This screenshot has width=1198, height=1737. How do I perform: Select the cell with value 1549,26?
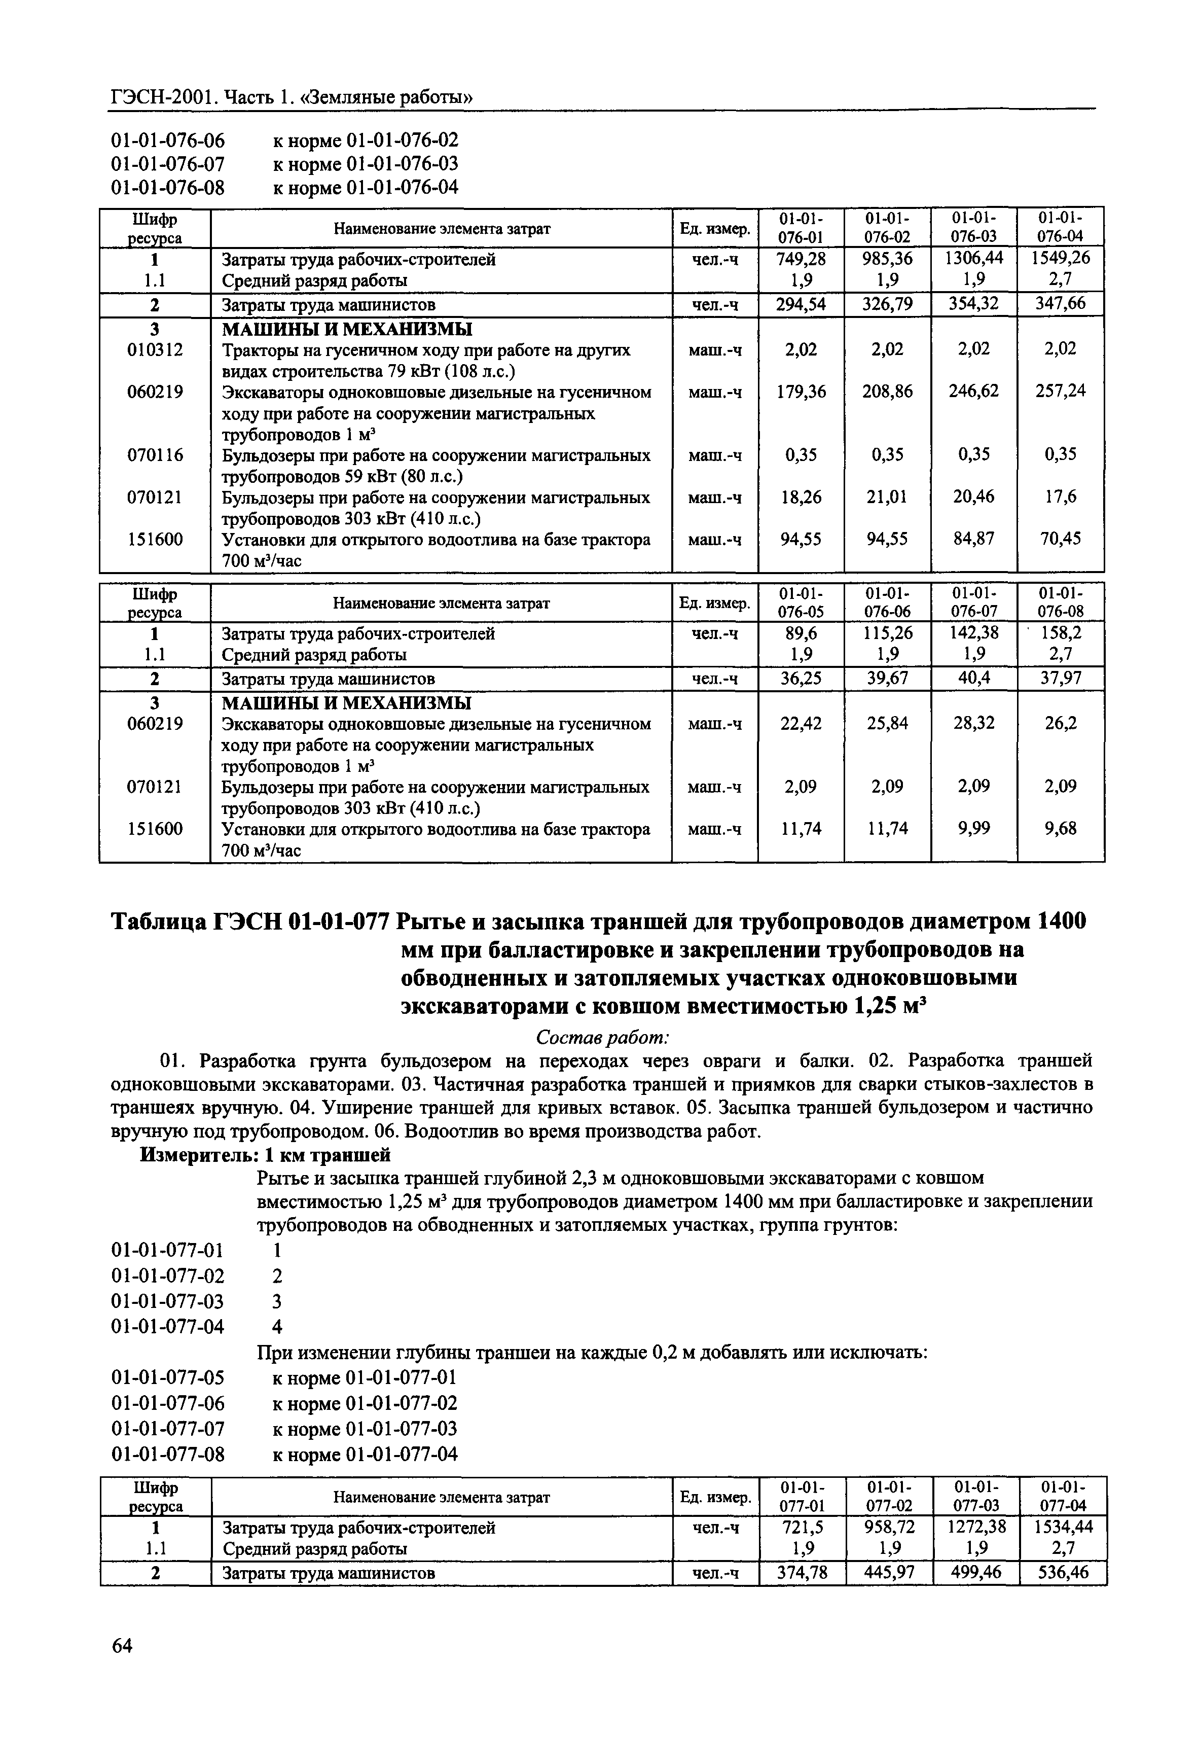[x=1060, y=259]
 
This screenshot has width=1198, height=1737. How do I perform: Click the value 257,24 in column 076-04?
[x=1060, y=391]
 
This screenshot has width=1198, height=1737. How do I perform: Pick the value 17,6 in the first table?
[x=1060, y=497]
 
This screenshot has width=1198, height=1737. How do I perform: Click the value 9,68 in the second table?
[x=1060, y=828]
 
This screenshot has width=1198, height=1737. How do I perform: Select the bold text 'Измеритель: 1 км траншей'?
[x=266, y=1154]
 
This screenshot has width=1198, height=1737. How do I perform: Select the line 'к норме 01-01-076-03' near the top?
[x=365, y=164]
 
